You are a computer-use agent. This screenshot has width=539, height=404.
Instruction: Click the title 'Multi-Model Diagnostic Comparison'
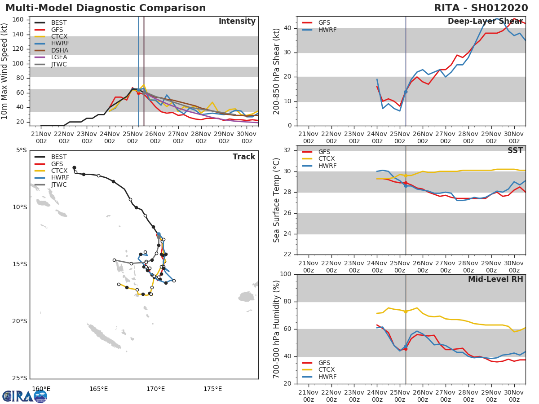[106, 8]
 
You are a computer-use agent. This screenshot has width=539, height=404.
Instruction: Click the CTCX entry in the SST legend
[326, 159]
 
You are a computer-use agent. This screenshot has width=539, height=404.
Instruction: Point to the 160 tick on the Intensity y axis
[18, 20]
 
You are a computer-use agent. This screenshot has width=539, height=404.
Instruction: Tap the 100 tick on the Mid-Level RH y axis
[284, 274]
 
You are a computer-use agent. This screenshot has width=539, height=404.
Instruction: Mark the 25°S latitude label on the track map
[19, 378]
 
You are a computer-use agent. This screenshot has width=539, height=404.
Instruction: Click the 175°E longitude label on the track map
[212, 389]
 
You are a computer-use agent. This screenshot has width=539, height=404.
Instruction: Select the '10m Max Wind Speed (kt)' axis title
[5, 71]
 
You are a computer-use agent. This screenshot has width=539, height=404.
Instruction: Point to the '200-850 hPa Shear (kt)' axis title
[277, 71]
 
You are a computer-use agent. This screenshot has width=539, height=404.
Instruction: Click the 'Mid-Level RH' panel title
[495, 280]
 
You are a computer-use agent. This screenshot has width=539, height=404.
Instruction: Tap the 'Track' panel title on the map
[244, 157]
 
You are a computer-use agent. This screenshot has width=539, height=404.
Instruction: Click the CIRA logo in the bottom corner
[25, 396]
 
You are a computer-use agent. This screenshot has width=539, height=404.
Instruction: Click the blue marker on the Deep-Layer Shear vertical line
[406, 92]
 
